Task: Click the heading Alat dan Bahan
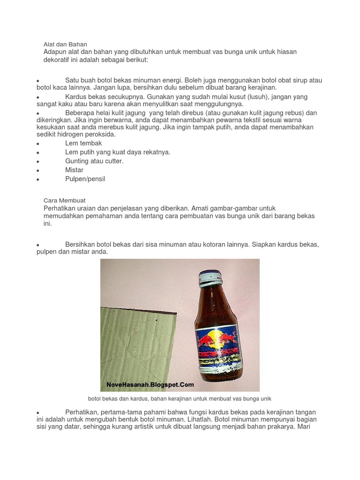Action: pos(65,44)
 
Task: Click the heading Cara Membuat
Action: pos(64,200)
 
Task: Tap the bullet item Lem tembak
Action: pos(83,143)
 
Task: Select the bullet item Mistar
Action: pos(75,170)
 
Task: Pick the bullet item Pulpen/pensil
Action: pos(85,179)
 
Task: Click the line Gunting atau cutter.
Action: pos(94,161)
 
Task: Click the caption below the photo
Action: pos(180,398)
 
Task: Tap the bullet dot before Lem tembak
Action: pos(38,144)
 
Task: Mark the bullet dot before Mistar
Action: pos(38,171)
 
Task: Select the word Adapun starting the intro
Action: pos(56,52)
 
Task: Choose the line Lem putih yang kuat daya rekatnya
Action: pos(118,152)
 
